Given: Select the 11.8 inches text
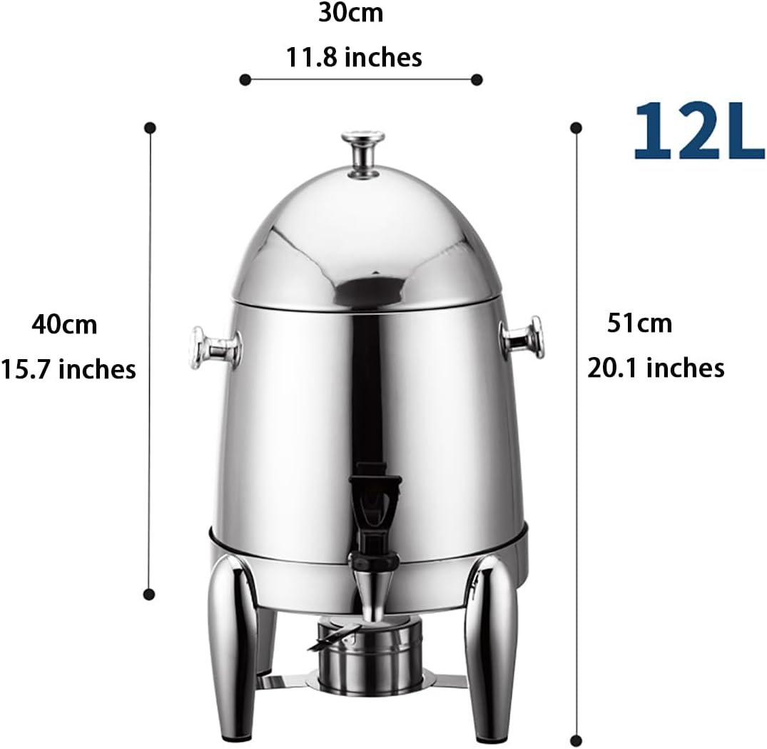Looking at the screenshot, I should tap(355, 56).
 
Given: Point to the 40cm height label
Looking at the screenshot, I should tap(64, 325).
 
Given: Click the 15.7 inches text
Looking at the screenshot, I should tap(68, 369).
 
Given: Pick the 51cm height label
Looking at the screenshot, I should tap(639, 323).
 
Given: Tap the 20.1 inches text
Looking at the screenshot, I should tap(656, 368).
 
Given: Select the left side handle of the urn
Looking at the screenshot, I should tap(214, 348).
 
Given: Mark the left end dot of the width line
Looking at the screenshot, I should tap(245, 79).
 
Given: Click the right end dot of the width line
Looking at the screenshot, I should tap(477, 79).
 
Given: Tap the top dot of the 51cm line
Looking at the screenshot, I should tap(576, 128).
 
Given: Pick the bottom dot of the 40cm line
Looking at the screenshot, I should tap(150, 593).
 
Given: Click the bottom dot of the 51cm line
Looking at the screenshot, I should tap(576, 740).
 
